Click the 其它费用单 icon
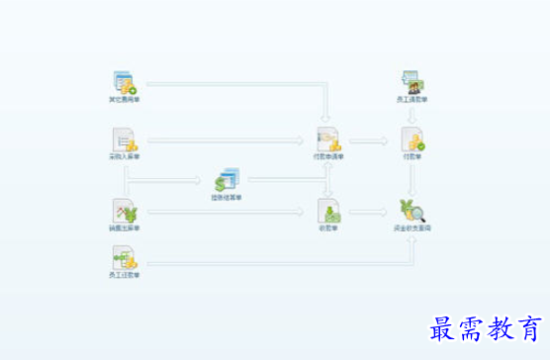[125, 82]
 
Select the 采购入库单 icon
[125, 139]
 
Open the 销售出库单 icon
[125, 211]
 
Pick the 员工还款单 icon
[125, 259]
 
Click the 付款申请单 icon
[328, 139]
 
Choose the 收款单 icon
[328, 211]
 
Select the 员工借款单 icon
[412, 82]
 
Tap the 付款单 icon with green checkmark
[412, 139]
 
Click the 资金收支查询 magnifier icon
[412, 211]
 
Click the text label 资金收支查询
[412, 228]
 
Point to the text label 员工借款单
[412, 100]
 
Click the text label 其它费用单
[125, 100]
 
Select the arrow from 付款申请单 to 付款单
[370, 140]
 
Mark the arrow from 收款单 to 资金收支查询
[370, 212]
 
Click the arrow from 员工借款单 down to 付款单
[412, 115]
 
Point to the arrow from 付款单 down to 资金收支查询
[412, 178]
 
